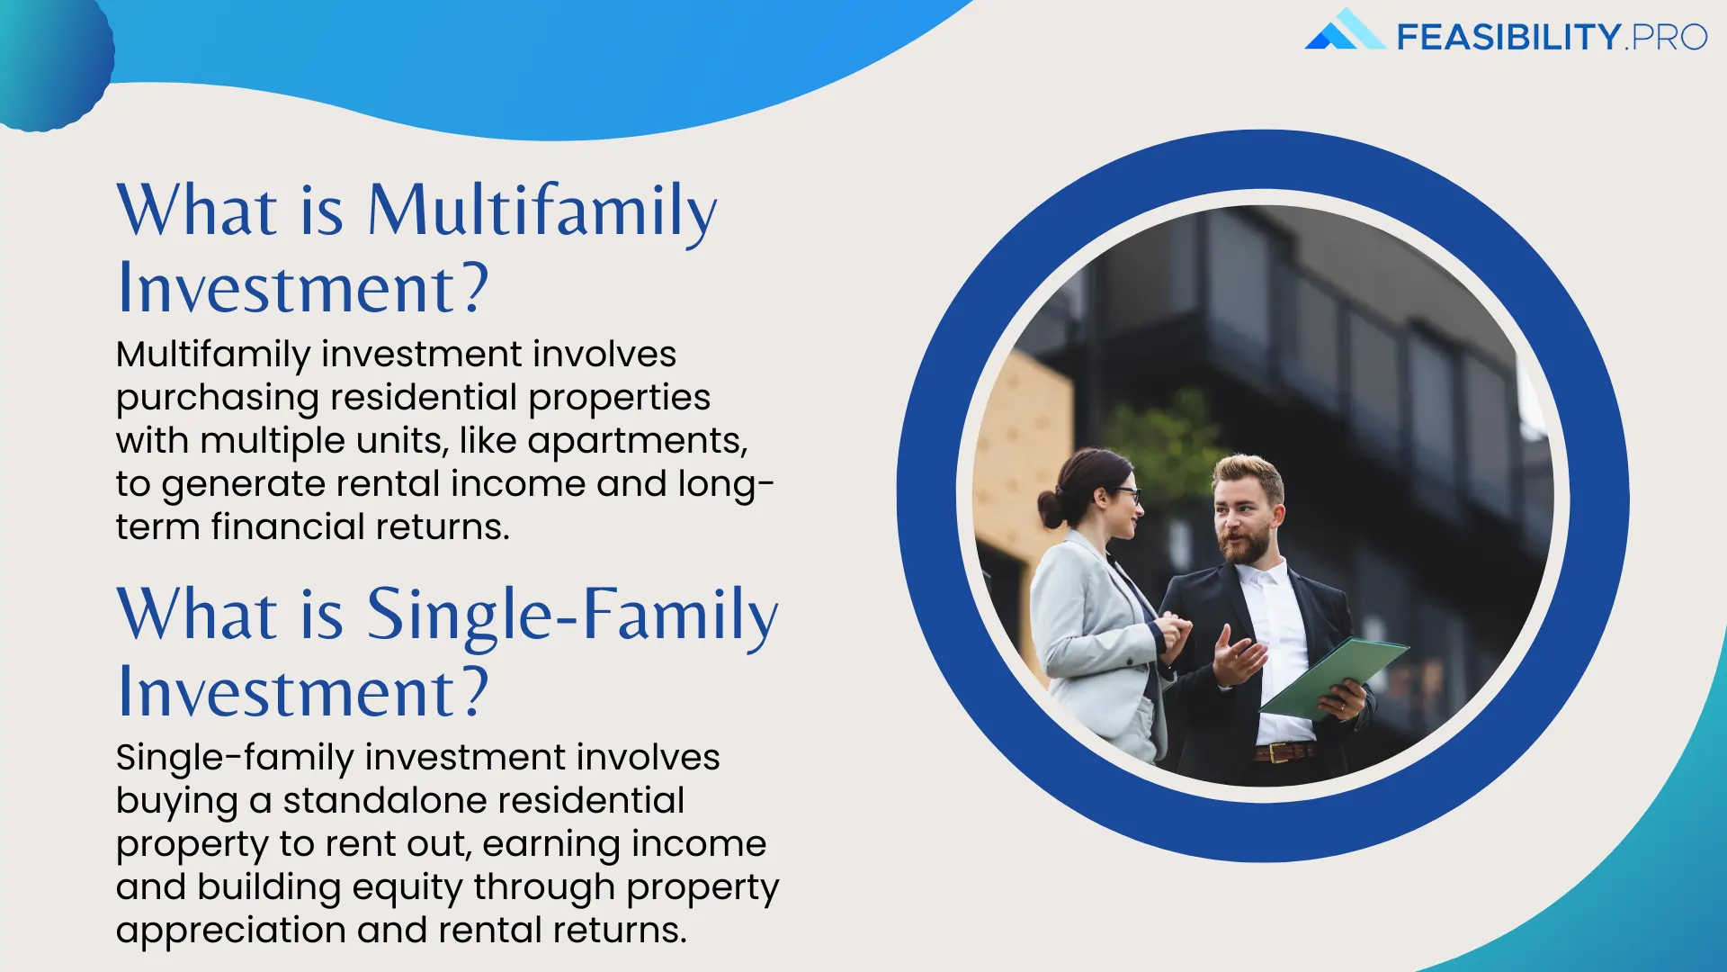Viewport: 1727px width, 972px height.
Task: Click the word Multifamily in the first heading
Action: tap(542, 212)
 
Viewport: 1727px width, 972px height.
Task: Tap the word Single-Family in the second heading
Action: tap(572, 616)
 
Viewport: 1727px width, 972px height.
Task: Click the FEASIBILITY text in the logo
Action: tap(1508, 38)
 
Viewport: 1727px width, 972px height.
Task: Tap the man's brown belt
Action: tap(1285, 751)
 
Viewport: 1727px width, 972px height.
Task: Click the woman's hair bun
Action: tap(1050, 508)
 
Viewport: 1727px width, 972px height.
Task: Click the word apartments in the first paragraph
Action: tap(637, 441)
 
